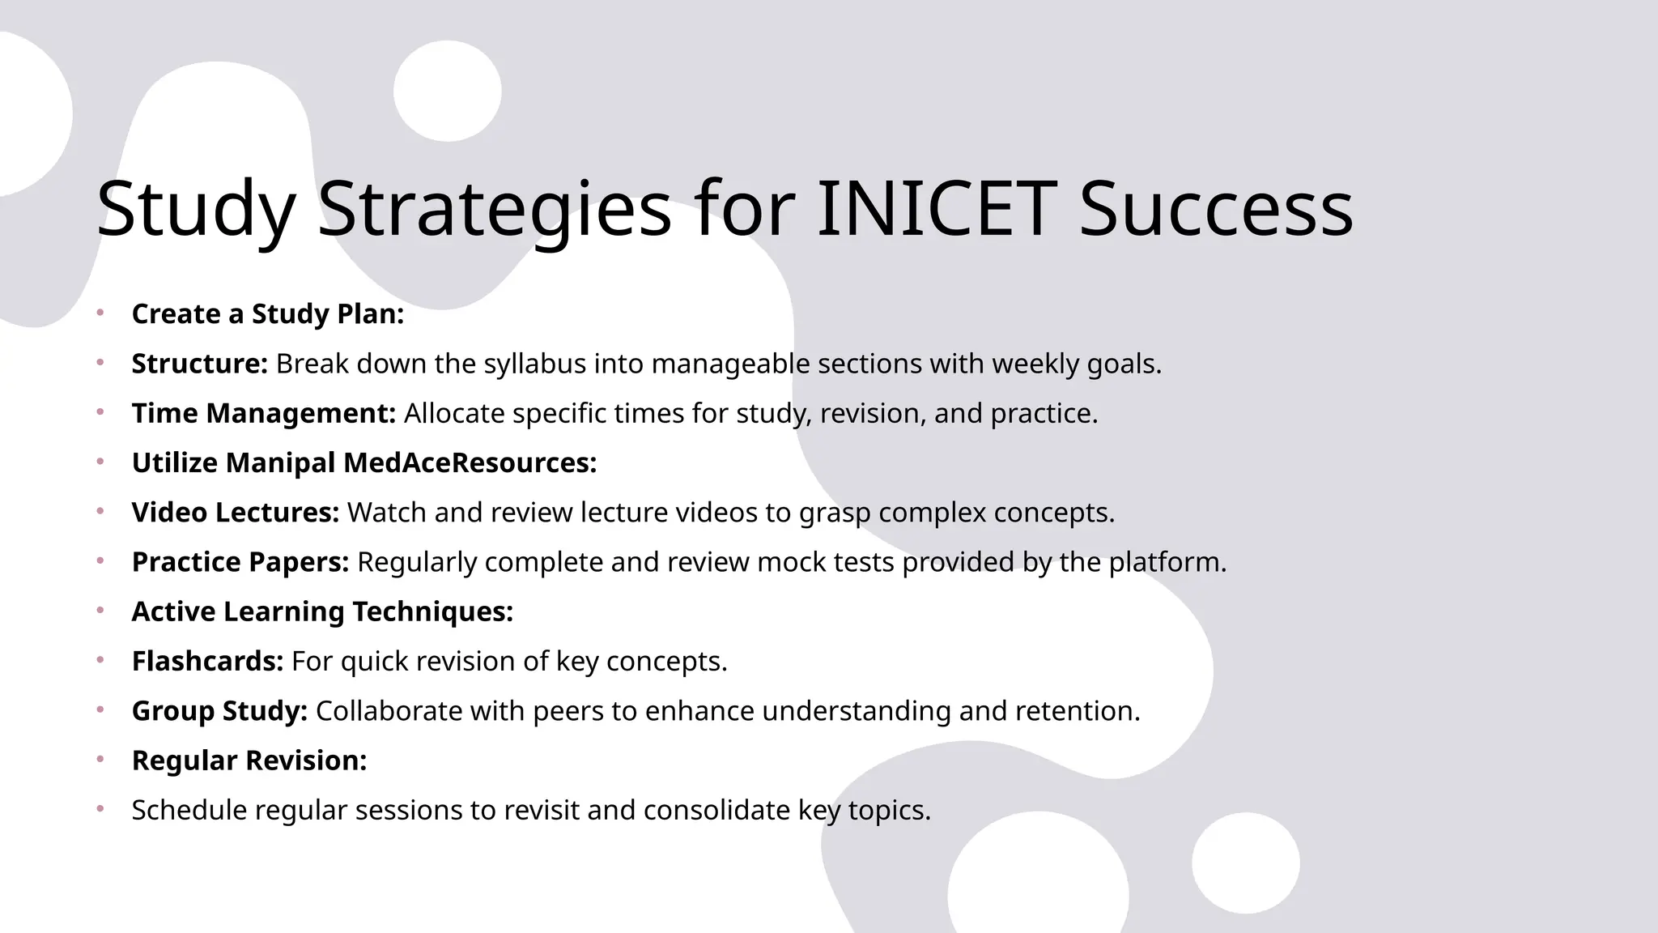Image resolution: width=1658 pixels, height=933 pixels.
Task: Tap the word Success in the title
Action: tap(1216, 210)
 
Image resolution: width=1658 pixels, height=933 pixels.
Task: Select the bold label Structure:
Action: tap(199, 364)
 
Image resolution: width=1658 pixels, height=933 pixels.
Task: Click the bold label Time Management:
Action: tap(263, 414)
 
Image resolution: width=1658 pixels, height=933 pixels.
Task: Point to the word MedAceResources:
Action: tap(470, 463)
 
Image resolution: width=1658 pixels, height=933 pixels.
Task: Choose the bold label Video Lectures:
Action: tap(235, 513)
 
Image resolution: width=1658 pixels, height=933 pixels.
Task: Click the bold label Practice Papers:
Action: tap(240, 562)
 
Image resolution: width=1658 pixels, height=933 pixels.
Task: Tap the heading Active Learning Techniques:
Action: tap(322, 611)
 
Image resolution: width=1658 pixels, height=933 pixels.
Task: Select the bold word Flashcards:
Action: tap(207, 662)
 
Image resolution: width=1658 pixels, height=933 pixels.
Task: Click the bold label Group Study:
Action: tap(219, 711)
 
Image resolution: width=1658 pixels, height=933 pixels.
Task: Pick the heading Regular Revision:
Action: tap(249, 760)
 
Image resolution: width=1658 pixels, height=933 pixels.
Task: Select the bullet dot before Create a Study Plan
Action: tap(100, 313)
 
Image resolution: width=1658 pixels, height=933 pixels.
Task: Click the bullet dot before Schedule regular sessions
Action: tap(100, 809)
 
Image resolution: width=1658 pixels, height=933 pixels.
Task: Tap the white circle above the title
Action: tap(448, 91)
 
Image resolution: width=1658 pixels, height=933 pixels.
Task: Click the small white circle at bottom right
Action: tap(1245, 863)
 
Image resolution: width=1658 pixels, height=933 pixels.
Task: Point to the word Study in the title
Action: tap(195, 210)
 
